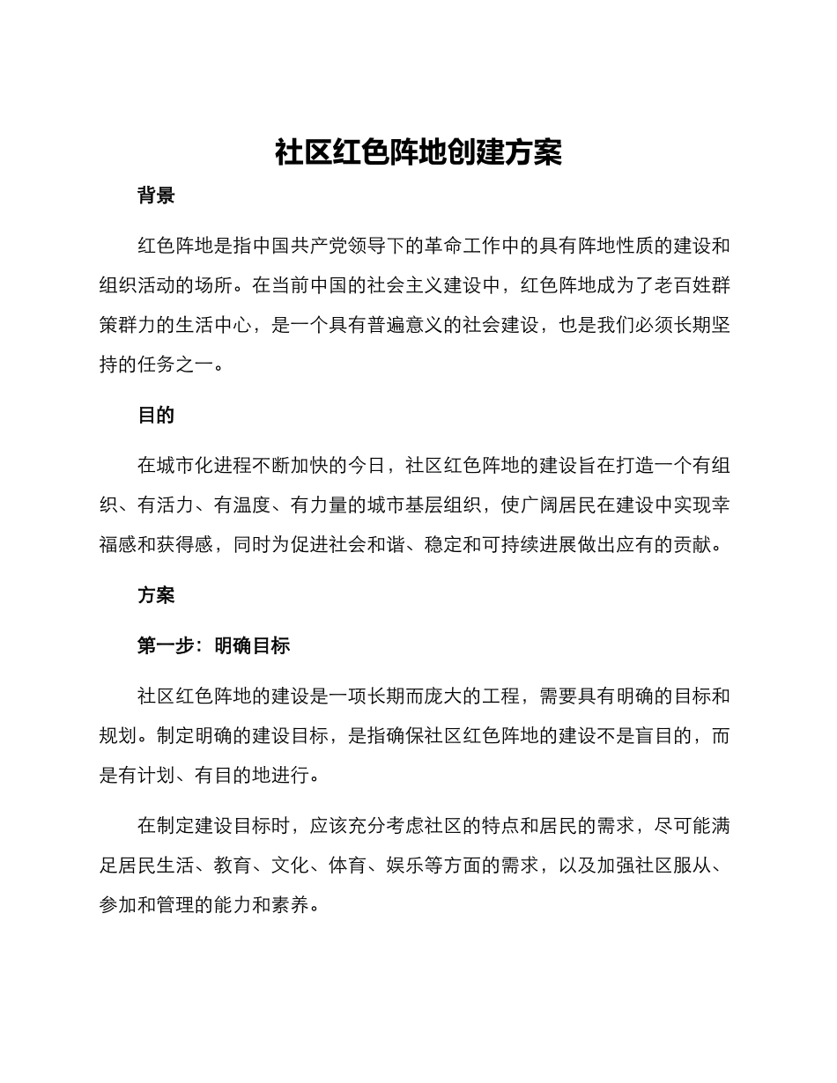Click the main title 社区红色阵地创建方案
coord(418,152)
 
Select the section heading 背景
coord(156,195)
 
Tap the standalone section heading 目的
coord(156,416)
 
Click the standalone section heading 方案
coord(156,595)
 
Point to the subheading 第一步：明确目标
coord(213,645)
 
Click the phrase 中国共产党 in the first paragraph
coord(300,246)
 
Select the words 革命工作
coord(464,246)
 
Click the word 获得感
coord(185,545)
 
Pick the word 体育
coord(347,866)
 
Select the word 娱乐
coord(404,866)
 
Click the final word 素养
coord(290,905)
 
